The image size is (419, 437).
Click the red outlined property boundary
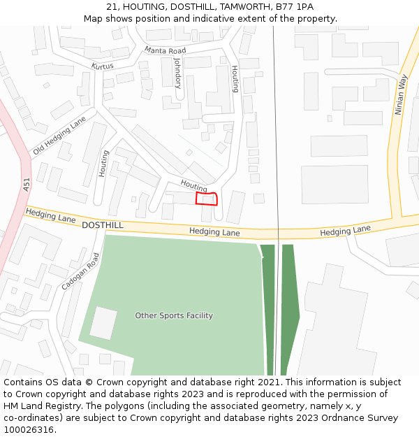pos(207,199)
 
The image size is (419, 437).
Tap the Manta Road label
pos(166,51)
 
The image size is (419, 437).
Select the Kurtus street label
pos(102,66)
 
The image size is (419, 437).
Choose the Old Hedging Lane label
pos(59,136)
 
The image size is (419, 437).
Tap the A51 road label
pos(27,185)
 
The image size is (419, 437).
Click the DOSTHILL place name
pos(102,225)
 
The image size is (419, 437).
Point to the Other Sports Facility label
pos(174,315)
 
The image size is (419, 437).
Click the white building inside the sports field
pos(103,323)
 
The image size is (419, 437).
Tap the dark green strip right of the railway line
pos(290,308)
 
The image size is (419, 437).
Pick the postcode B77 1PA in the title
pos(295,7)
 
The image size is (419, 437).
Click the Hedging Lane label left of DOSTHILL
pos(50,215)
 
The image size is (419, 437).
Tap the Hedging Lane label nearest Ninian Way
pos(345,231)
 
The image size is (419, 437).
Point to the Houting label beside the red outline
pos(193,185)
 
